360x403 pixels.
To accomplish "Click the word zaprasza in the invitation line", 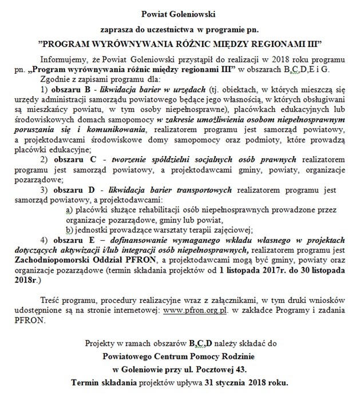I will (113, 27).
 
